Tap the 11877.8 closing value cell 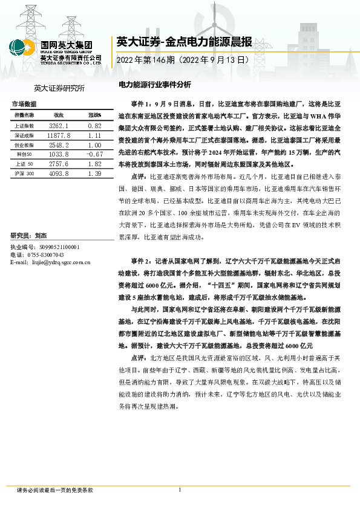[x=59, y=135]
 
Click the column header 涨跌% [x=94, y=115]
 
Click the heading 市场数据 [x=24, y=104]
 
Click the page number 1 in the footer [x=180, y=490]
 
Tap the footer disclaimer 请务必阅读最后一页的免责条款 [x=55, y=490]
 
